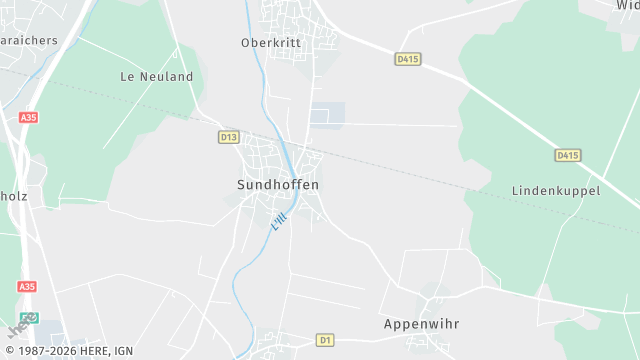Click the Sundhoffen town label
click(x=278, y=185)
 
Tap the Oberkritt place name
click(x=270, y=43)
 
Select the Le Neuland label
click(x=156, y=76)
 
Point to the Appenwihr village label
click(x=421, y=324)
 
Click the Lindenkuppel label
click(x=555, y=190)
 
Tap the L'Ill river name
click(x=279, y=221)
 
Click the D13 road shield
click(x=229, y=136)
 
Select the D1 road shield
click(x=324, y=340)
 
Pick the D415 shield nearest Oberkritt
click(x=408, y=59)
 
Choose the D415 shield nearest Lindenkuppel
click(x=568, y=155)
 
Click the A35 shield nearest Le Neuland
click(x=28, y=117)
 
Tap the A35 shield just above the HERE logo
click(x=27, y=286)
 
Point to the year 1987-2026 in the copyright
click(x=44, y=352)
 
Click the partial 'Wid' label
click(x=628, y=6)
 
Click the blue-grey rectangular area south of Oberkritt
click(x=328, y=115)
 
